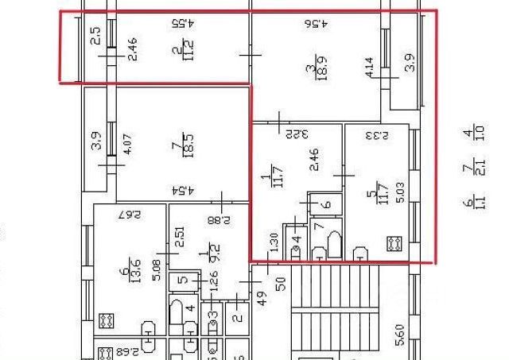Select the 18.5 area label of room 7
189,145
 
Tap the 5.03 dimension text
400,195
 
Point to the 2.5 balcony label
95,36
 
